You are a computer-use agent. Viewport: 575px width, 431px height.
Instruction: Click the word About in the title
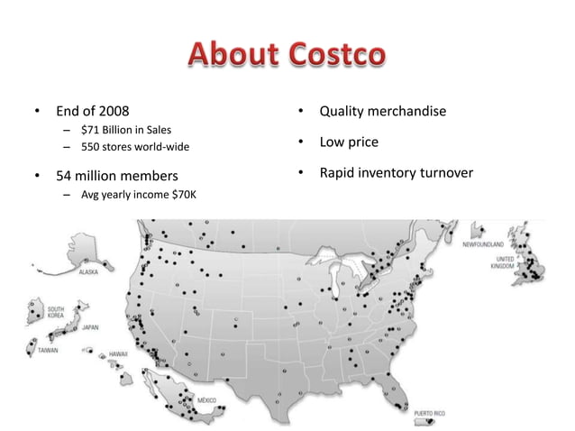pyautogui.click(x=233, y=53)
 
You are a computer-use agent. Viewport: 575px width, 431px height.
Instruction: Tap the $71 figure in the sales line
pyautogui.click(x=91, y=130)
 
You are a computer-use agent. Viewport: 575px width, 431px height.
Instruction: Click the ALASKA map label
pyautogui.click(x=88, y=271)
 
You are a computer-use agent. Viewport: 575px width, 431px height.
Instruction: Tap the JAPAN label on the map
pyautogui.click(x=91, y=328)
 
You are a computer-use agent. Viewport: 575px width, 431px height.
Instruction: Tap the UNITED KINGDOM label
pyautogui.click(x=504, y=263)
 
